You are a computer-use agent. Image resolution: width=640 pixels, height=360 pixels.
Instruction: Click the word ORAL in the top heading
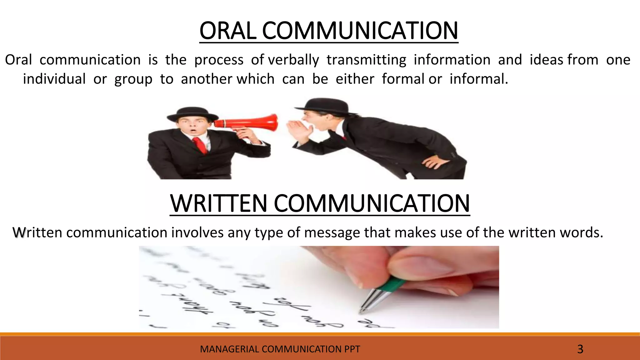[228, 31]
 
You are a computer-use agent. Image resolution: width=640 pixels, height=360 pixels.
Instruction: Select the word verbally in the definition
[293, 60]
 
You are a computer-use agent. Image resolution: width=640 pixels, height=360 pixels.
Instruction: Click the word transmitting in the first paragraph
[366, 60]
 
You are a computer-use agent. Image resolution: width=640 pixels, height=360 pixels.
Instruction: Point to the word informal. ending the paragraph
[479, 79]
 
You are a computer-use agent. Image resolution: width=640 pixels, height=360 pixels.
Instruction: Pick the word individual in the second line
[54, 79]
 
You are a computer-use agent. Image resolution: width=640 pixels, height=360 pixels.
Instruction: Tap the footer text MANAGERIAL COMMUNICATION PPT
[280, 349]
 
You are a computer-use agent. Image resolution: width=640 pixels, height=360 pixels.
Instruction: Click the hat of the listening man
[188, 114]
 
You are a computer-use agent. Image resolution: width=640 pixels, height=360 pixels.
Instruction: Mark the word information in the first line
[452, 60]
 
